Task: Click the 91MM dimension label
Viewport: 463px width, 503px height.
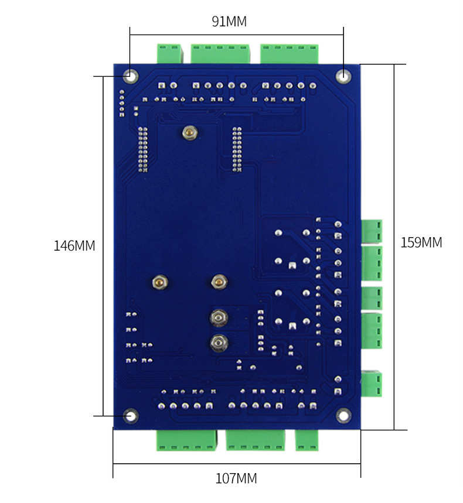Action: click(x=229, y=22)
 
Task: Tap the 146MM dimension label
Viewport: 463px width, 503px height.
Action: click(x=74, y=246)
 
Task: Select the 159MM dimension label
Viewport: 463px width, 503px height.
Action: click(x=421, y=242)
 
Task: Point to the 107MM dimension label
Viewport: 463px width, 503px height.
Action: click(x=236, y=478)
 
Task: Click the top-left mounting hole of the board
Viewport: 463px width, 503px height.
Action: click(x=130, y=76)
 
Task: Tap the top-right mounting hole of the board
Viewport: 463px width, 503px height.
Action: click(x=343, y=76)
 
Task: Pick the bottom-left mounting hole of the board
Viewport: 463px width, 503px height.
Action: click(x=131, y=416)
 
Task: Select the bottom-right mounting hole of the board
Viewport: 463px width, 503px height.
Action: click(x=343, y=416)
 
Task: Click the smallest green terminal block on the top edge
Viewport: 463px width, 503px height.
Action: click(x=169, y=53)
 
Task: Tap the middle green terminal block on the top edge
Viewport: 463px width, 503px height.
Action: click(x=220, y=54)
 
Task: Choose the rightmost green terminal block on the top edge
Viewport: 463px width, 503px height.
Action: click(x=289, y=54)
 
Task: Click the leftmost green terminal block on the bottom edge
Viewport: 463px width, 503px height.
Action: click(x=186, y=440)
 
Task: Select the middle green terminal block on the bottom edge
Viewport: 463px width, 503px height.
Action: click(x=256, y=440)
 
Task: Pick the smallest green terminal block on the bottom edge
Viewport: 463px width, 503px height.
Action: click(x=307, y=440)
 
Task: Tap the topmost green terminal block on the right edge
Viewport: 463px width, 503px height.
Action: click(x=372, y=231)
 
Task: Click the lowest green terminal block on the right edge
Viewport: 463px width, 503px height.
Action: click(x=372, y=384)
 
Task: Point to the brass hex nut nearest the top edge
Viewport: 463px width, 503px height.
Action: click(x=190, y=132)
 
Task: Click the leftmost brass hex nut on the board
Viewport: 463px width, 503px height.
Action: click(x=160, y=282)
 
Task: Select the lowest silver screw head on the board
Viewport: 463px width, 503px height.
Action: click(x=219, y=343)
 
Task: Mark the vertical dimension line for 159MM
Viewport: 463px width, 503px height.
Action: click(x=394, y=247)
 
